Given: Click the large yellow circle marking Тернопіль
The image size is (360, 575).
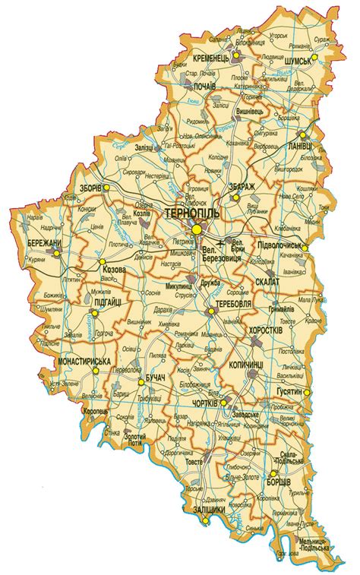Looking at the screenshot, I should pyautogui.click(x=197, y=229).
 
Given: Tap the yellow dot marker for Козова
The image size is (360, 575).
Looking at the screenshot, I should pyautogui.click(x=101, y=262).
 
